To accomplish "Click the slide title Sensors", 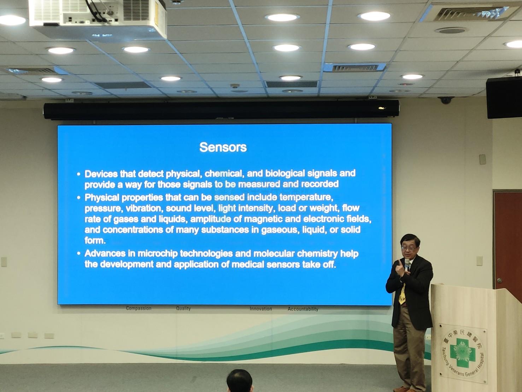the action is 223,147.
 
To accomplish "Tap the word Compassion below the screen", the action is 139,308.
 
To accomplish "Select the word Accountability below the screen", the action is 303,309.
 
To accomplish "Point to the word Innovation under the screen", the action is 260,309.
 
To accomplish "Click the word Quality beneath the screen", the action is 183,308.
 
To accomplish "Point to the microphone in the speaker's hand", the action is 407,264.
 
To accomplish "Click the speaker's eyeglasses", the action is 409,248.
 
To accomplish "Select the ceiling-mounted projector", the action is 98,17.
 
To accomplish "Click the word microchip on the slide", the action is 158,254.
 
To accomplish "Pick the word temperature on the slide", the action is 306,198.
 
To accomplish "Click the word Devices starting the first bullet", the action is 101,174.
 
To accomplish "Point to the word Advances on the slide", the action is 105,253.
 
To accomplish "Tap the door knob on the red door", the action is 499,280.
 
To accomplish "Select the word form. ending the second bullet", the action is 95,240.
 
